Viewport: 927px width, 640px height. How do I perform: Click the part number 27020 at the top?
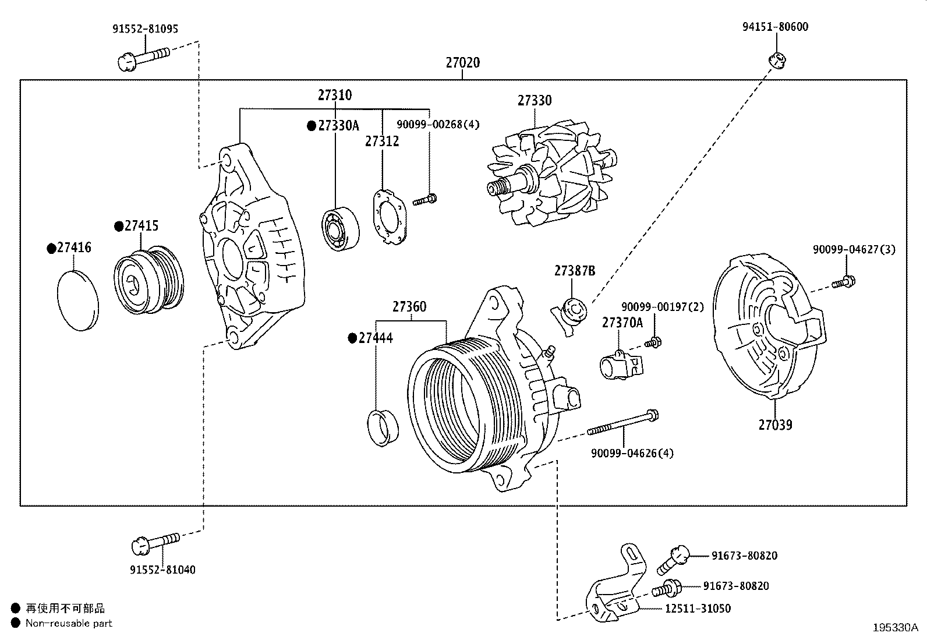pyautogui.click(x=463, y=62)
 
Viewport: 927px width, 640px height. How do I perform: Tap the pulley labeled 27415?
pyautogui.click(x=149, y=281)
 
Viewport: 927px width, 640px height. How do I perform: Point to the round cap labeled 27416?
pyautogui.click(x=78, y=300)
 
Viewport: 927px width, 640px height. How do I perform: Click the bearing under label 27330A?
pyautogui.click(x=340, y=228)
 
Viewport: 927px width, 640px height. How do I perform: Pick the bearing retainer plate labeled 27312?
pyautogui.click(x=390, y=217)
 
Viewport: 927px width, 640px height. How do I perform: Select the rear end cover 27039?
pyautogui.click(x=769, y=327)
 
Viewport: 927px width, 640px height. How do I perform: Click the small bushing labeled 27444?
pyautogui.click(x=383, y=428)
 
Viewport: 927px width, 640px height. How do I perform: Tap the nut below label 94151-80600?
pyautogui.click(x=777, y=61)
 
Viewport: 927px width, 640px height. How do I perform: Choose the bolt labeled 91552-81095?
pyautogui.click(x=144, y=59)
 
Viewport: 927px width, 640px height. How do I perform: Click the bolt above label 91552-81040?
pyautogui.click(x=155, y=543)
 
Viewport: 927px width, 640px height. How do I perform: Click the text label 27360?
pyautogui.click(x=409, y=307)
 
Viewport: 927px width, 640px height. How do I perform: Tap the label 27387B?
pyautogui.click(x=574, y=271)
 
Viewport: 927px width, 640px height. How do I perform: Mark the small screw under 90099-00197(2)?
pyautogui.click(x=653, y=342)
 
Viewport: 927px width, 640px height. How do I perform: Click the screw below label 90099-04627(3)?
pyautogui.click(x=843, y=282)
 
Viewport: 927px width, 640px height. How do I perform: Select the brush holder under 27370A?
pyautogui.click(x=621, y=365)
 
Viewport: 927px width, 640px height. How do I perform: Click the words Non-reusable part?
pyautogui.click(x=69, y=623)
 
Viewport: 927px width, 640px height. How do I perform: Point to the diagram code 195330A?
pyautogui.click(x=895, y=628)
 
